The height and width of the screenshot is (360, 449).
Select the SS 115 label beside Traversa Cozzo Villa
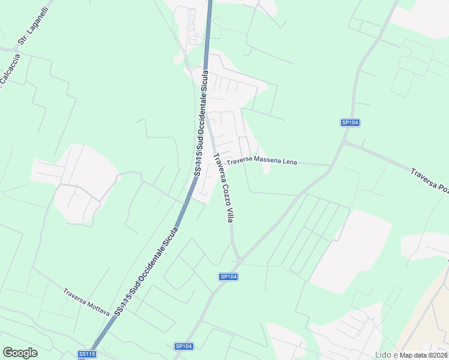[202, 123]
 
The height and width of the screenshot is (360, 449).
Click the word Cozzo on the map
[221, 187]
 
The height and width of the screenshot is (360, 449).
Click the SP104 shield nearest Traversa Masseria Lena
[350, 122]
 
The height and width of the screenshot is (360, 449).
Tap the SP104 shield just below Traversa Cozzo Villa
[228, 276]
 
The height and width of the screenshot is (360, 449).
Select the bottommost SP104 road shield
[184, 346]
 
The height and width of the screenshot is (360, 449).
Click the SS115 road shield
[87, 355]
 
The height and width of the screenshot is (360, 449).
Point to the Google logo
[20, 353]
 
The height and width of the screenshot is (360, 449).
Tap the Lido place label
[383, 354]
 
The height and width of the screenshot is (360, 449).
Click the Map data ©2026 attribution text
[423, 355]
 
